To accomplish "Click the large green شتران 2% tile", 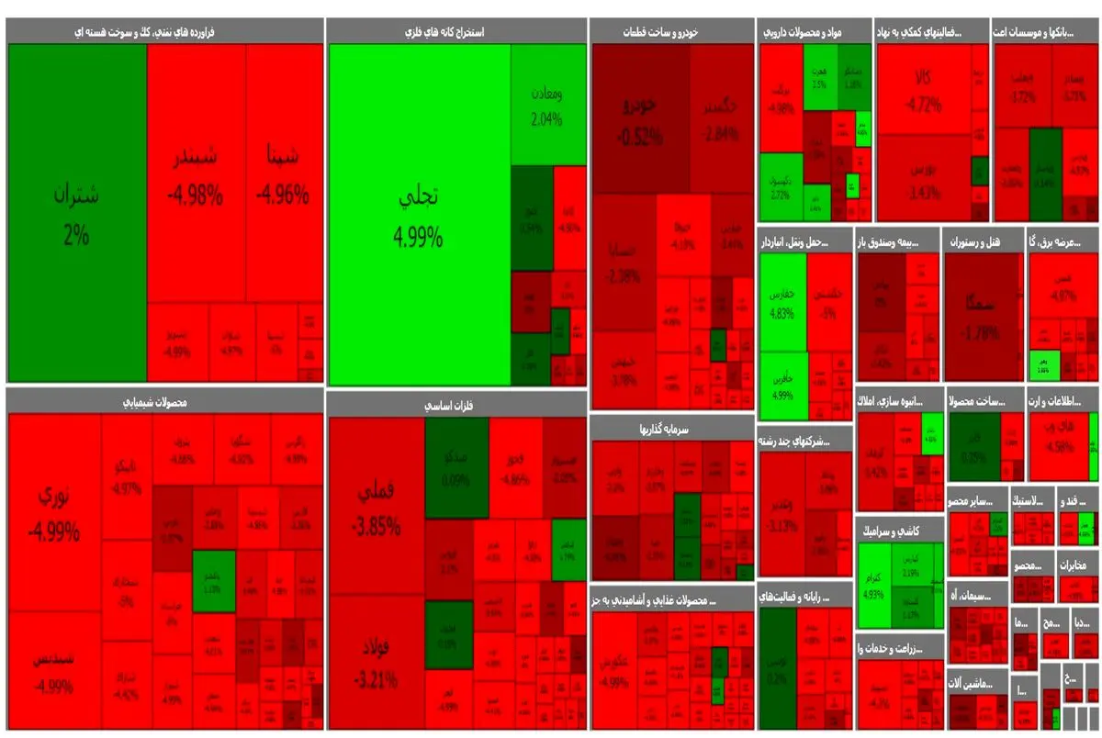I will (x=76, y=213).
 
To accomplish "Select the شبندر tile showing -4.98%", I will (x=196, y=174).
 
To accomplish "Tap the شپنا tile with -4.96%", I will (x=284, y=174).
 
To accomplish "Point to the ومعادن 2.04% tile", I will (x=548, y=105).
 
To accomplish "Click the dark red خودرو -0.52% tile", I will (x=640, y=119).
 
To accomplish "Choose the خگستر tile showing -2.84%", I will (x=721, y=119).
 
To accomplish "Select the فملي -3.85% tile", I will (x=377, y=509).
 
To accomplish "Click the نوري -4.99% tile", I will (x=53, y=512).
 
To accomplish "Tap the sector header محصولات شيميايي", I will (x=164, y=400).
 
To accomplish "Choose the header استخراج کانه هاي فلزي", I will (x=456, y=31).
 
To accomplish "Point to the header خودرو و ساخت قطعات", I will (x=671, y=31).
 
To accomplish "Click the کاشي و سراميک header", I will (x=900, y=531).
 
